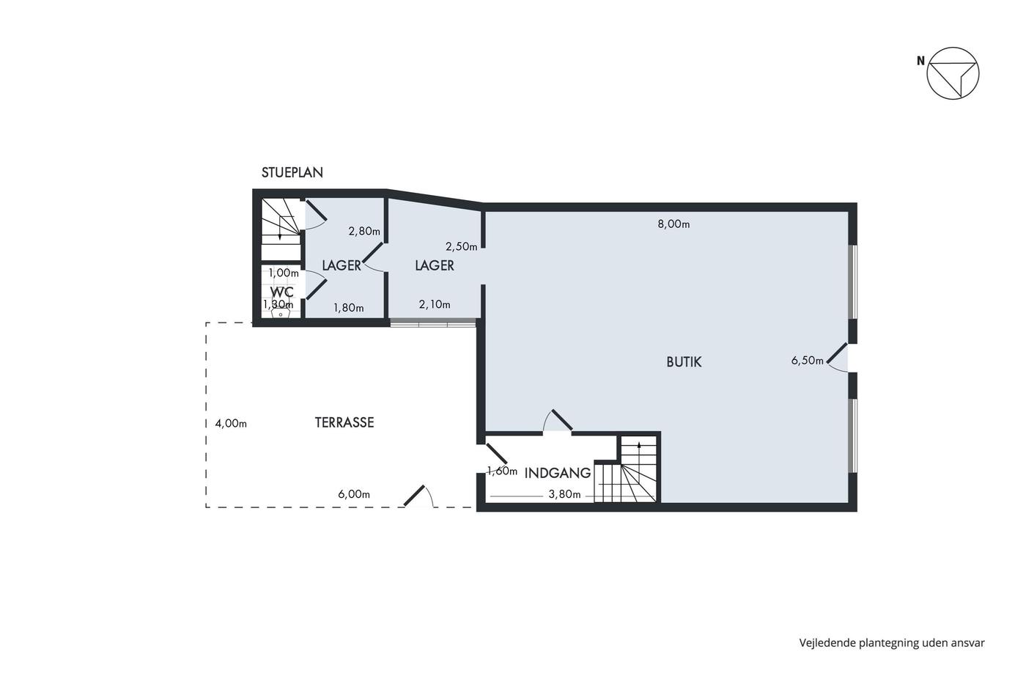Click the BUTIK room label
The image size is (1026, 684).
684,362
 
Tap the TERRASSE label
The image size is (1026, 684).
344,422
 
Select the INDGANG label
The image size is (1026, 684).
558,474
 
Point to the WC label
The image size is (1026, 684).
281,292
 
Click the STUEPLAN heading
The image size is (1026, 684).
292,173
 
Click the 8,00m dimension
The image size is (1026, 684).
673,224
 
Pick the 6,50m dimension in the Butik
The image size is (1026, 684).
807,361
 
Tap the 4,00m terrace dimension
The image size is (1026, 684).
231,424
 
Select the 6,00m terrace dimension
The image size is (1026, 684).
354,495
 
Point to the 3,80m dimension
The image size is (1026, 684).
565,495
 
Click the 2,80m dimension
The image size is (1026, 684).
364,232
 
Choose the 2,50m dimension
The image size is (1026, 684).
461,247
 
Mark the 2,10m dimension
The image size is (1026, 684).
435,305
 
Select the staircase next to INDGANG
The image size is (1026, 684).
626,469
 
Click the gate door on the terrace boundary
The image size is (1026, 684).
418,496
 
